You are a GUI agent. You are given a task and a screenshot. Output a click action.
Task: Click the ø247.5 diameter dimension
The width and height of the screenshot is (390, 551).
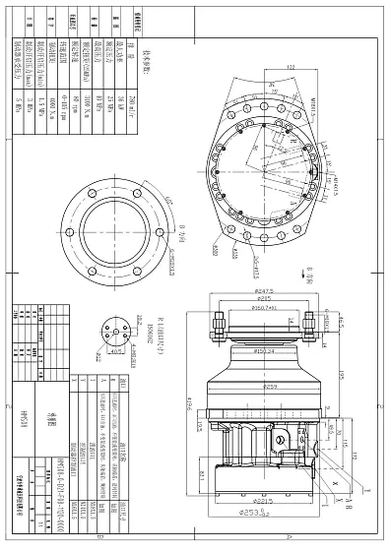263,292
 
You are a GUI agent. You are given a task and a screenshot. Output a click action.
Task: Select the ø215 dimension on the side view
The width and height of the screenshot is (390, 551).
263,299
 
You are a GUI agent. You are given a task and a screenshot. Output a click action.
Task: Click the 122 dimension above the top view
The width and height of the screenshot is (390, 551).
292,66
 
